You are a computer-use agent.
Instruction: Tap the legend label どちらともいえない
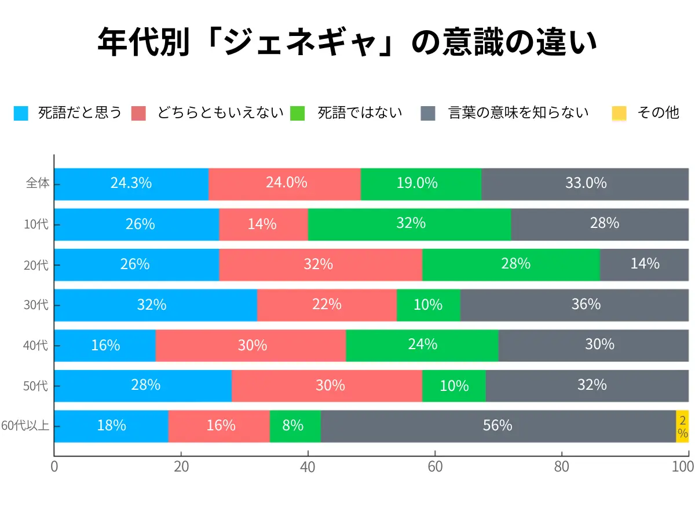click(220, 113)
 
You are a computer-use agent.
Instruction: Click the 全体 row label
click(38, 184)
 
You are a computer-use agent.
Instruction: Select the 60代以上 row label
click(26, 426)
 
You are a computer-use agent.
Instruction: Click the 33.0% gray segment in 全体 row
click(585, 184)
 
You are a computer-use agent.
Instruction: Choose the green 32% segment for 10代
click(411, 224)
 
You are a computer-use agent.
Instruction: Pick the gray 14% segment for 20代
click(644, 264)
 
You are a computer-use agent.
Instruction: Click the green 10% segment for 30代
click(428, 305)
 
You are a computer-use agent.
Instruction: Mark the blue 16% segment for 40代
click(105, 346)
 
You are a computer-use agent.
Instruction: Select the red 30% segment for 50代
click(330, 386)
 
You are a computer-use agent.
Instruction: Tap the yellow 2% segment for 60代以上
click(683, 426)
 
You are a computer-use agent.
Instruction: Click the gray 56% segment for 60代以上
click(498, 426)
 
